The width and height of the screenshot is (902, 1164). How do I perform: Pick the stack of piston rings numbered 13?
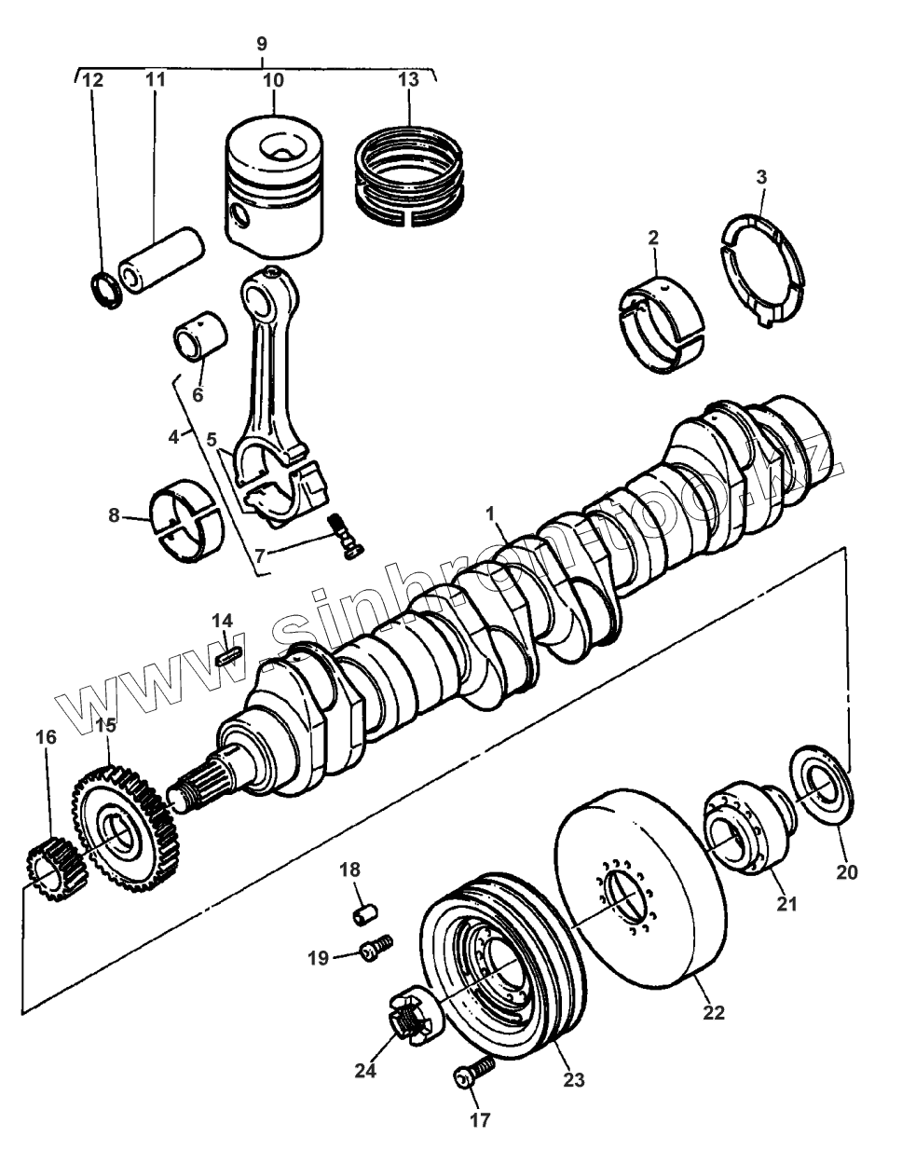coord(410,177)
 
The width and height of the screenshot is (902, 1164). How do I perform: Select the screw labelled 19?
coord(376,949)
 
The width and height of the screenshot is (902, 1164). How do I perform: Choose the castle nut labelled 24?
coord(405,1018)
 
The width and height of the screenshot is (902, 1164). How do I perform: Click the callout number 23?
coord(573,1081)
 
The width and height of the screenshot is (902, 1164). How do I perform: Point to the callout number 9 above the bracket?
coord(261,43)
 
